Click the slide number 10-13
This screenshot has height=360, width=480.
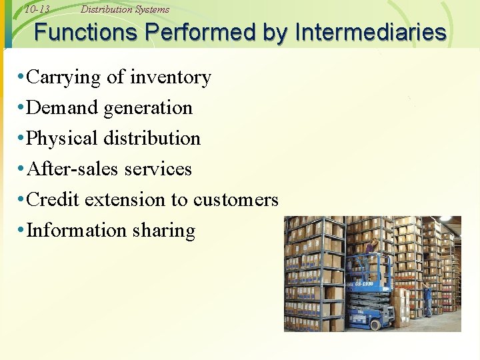click(x=37, y=9)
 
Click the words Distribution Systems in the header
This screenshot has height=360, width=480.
click(x=125, y=9)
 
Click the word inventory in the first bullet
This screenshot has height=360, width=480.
click(x=170, y=77)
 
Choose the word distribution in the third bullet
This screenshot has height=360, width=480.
click(x=152, y=139)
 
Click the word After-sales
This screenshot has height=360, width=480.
click(x=69, y=169)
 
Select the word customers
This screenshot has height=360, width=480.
click(x=235, y=200)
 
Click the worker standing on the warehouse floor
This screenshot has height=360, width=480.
click(x=427, y=300)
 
